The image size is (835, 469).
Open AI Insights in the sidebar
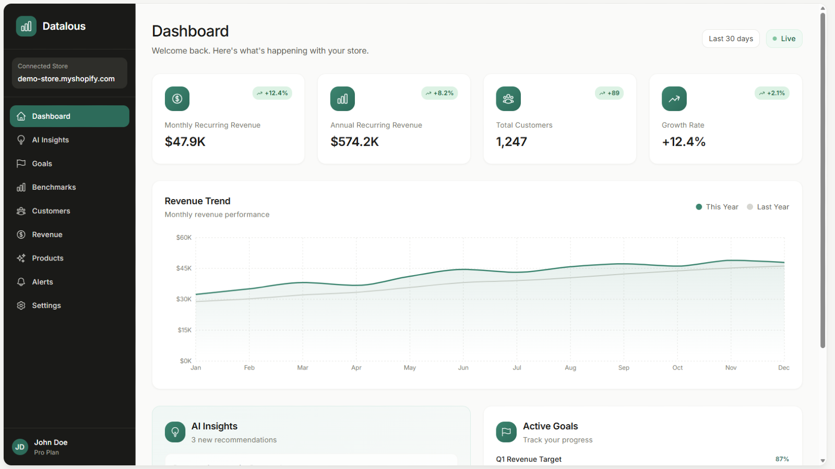50,140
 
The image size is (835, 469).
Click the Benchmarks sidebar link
54,187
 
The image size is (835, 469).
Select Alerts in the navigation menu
42,282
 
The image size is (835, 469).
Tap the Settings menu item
46,305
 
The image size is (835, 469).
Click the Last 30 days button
731,39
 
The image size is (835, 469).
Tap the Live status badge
784,39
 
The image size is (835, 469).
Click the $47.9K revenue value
185,142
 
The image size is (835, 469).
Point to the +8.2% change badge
439,93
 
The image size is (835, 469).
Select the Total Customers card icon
508,98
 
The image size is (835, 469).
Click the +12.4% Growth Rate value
684,142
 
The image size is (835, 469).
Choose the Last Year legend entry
768,207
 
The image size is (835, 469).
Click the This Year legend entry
717,207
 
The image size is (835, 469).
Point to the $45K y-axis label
184,268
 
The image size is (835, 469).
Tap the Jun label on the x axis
463,368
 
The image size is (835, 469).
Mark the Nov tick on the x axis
731,368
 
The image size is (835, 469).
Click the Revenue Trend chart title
197,201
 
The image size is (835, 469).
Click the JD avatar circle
20,447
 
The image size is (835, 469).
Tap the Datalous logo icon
26,26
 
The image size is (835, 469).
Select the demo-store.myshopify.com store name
66,79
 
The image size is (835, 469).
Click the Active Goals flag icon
506,432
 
